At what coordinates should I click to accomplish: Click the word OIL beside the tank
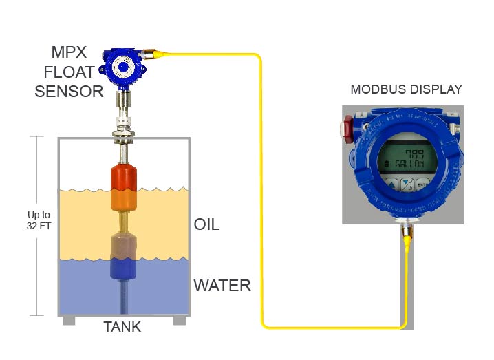coord(206,225)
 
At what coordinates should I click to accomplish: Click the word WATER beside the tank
coord(222,285)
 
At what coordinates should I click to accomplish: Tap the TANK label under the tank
coord(122,327)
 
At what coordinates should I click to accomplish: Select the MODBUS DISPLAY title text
coord(406,89)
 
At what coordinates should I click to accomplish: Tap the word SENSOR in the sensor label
coord(69,91)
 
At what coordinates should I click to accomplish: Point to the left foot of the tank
coord(69,321)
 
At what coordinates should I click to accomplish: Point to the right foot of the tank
coord(179,321)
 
